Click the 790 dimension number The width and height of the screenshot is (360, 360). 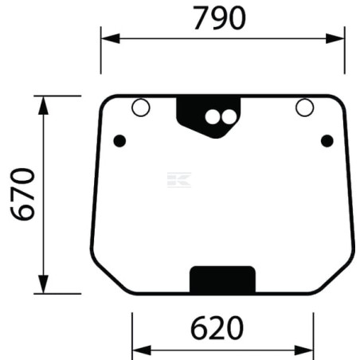tap(219, 18)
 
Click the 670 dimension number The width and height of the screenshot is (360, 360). tap(22, 194)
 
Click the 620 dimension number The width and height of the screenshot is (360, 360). tap(217, 327)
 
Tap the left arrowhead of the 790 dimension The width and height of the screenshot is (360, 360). tap(111, 38)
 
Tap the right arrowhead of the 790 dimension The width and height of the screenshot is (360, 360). tap(335, 38)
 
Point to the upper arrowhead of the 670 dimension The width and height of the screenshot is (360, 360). tap(43, 105)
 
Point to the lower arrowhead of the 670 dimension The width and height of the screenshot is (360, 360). tap(43, 284)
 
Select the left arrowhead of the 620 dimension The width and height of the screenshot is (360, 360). tap(142, 350)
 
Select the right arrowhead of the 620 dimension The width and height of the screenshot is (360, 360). tap(304, 350)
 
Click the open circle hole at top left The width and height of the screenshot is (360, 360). tap(141, 108)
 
